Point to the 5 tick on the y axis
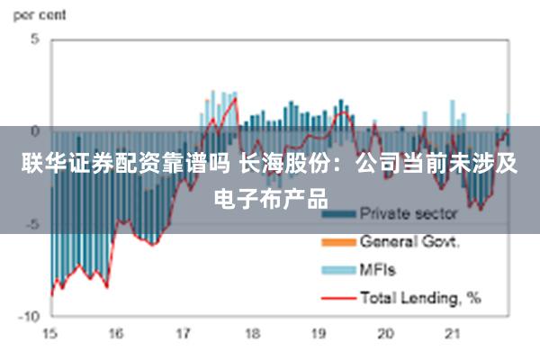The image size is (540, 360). pos(34,40)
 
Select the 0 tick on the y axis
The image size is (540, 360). pos(34,131)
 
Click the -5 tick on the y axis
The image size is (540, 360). pos(31,224)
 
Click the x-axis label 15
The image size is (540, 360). pos(50,334)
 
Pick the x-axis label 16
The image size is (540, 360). pos(117,334)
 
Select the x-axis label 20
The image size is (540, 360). pos(385,334)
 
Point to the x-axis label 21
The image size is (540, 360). pos(452,334)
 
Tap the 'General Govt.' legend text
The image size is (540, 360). pos(409,241)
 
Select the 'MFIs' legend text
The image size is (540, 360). pos(378,268)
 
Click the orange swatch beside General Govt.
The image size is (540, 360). pos(337,243)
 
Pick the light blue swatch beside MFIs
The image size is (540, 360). pos(337,269)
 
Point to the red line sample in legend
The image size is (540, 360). pos(337,296)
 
